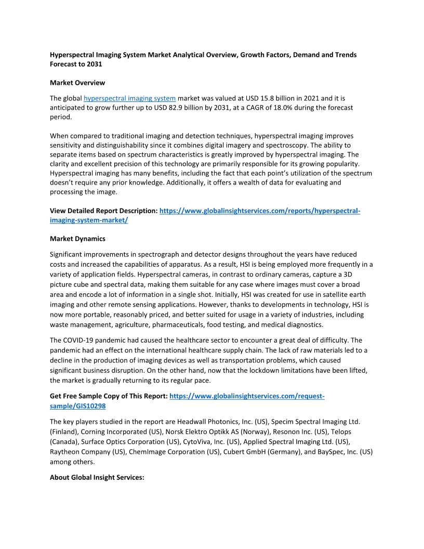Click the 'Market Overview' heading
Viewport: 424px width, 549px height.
coord(77,83)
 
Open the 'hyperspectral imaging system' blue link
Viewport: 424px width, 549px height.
coord(129,98)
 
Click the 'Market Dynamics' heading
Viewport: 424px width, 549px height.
coord(77,239)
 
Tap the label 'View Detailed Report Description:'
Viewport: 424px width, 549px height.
coord(103,211)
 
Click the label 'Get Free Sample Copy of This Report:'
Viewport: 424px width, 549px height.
coord(109,396)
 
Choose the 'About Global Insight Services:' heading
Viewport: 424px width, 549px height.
coord(97,477)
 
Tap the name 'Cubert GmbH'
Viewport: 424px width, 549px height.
coord(245,452)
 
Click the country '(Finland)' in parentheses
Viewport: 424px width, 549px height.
coord(66,432)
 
